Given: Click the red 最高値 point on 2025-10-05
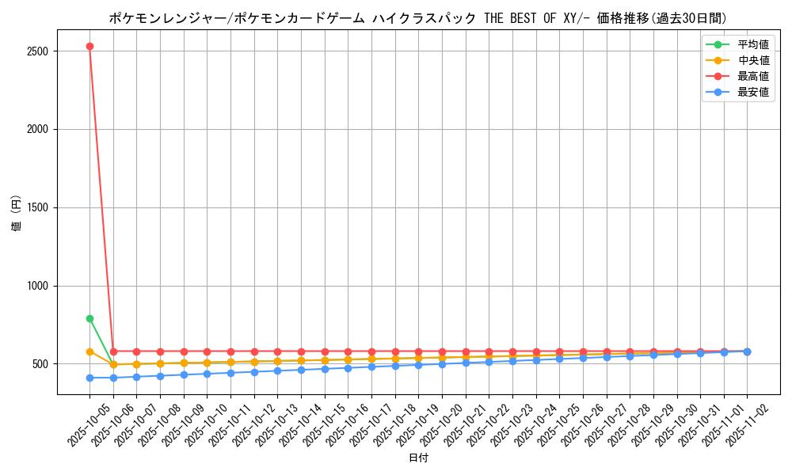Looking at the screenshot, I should click(89, 46).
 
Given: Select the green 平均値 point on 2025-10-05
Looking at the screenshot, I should click(89, 318).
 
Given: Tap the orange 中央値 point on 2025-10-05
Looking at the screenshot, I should click(89, 351).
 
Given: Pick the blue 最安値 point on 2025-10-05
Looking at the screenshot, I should click(89, 378).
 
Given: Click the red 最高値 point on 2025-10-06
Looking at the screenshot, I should click(113, 351).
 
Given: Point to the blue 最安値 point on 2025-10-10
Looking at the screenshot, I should click(207, 374).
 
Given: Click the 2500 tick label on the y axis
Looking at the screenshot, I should click(38, 51).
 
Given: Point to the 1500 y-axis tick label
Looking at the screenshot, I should click(38, 207).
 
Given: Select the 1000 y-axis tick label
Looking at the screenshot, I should click(38, 286).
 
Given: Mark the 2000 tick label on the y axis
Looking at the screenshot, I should click(38, 129).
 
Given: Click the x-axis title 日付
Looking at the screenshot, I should click(418, 458).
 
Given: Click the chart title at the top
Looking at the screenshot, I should click(418, 18).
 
